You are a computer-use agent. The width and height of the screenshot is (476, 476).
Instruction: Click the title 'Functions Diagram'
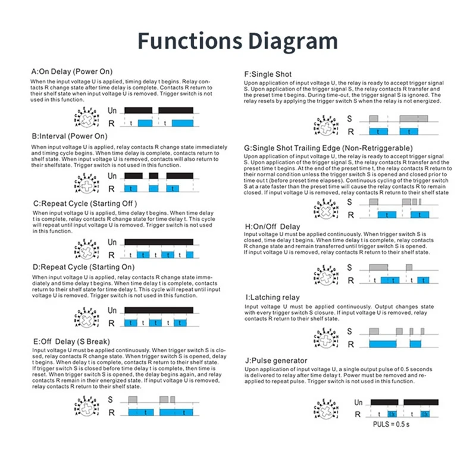(x=237, y=41)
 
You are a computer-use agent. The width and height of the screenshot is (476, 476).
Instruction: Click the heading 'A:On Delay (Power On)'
(x=72, y=72)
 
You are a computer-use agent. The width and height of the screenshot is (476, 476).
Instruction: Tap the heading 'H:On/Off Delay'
(x=273, y=227)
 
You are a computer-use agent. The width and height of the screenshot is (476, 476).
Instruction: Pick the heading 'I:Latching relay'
(x=273, y=297)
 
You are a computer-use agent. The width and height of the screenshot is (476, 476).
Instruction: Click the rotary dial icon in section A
(x=87, y=117)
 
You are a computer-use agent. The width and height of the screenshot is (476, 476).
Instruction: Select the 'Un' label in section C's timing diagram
(x=112, y=243)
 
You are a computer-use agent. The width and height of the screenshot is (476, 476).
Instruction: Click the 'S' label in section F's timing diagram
(x=350, y=118)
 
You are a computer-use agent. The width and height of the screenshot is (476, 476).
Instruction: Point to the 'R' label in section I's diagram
(x=350, y=344)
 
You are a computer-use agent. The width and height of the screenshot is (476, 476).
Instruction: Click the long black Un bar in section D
(x=158, y=310)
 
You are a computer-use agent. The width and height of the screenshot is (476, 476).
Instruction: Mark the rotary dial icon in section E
(x=87, y=406)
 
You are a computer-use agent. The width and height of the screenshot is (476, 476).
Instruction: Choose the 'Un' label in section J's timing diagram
(x=359, y=403)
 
